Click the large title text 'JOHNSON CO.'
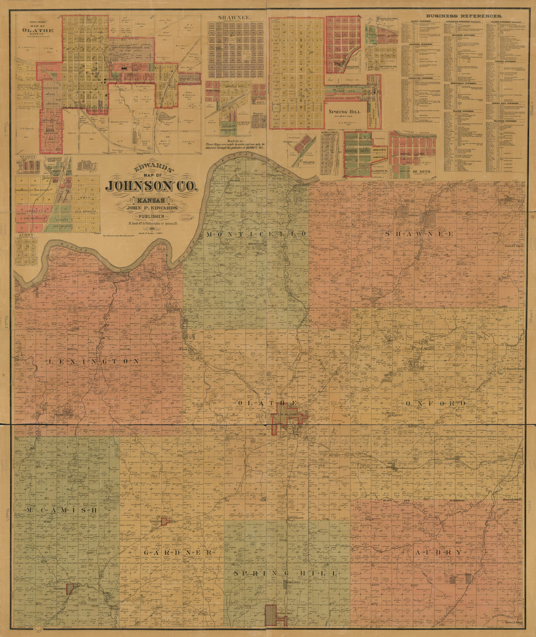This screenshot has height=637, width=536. pyautogui.click(x=152, y=187)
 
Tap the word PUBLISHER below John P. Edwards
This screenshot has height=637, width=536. pyautogui.click(x=152, y=216)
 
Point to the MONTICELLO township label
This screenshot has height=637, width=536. pyautogui.click(x=256, y=234)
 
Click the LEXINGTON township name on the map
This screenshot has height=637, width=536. pyautogui.click(x=94, y=361)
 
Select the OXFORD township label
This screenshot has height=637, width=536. pyautogui.click(x=435, y=404)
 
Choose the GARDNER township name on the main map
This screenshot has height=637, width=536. pyautogui.click(x=178, y=553)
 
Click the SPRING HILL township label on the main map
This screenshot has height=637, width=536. pyautogui.click(x=285, y=574)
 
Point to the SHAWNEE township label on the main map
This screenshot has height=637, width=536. pyautogui.click(x=419, y=234)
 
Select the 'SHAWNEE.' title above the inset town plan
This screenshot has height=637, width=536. pyautogui.click(x=235, y=17)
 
